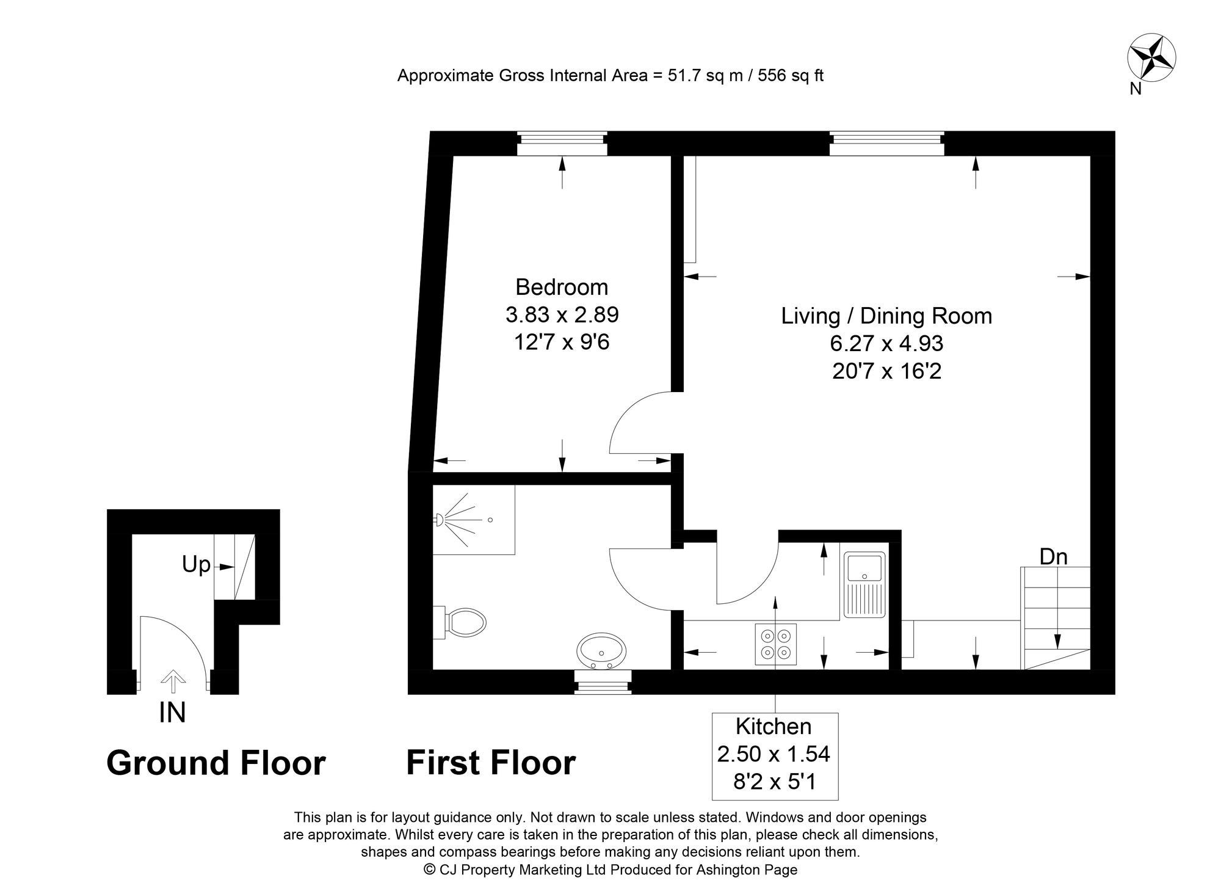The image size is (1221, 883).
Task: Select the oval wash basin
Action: pyautogui.click(x=601, y=651)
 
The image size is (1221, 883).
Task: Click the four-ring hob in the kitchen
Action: pyautogui.click(x=775, y=644)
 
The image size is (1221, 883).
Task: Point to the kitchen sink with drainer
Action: pyautogui.click(x=864, y=584)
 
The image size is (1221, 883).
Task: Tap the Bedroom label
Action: pyautogui.click(x=562, y=287)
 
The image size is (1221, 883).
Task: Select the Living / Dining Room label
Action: pyautogui.click(x=886, y=316)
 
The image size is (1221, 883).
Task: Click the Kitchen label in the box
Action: pyautogui.click(x=774, y=727)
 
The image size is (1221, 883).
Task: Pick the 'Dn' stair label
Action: pyautogui.click(x=1054, y=557)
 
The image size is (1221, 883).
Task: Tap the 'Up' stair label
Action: pyautogui.click(x=196, y=565)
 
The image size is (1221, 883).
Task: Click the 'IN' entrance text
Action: pyautogui.click(x=172, y=713)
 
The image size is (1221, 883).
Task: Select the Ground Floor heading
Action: pyautogui.click(x=216, y=763)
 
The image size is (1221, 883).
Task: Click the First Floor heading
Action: pyautogui.click(x=491, y=763)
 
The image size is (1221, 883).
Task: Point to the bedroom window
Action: pyautogui.click(x=562, y=144)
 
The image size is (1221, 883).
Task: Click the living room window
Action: pyautogui.click(x=886, y=144)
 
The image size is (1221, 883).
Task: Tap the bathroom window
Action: pyautogui.click(x=603, y=682)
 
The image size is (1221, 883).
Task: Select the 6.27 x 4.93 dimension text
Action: pyautogui.click(x=886, y=344)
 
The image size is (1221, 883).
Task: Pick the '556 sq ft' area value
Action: pyautogui.click(x=791, y=76)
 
